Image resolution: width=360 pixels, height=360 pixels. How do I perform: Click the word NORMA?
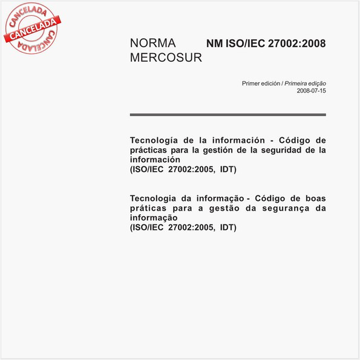point(152,44)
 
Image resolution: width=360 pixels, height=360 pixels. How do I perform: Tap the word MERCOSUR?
point(166,58)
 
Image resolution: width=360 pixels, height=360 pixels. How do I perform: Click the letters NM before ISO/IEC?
point(215,44)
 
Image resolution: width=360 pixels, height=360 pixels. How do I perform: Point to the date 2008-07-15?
point(311,91)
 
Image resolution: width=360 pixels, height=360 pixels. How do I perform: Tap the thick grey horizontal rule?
point(227,114)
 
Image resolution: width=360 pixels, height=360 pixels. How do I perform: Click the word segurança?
point(281,208)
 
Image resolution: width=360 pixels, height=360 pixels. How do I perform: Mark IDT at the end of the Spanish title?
point(228,169)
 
